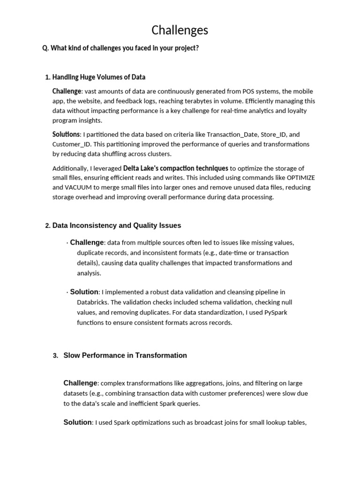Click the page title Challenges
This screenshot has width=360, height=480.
pos(180,30)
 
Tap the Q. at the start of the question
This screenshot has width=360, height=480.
pos(45,48)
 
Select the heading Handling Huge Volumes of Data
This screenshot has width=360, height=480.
pos(98,77)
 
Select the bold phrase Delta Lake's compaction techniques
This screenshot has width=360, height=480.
pos(175,168)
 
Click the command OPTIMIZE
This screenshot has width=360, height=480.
pos(300,178)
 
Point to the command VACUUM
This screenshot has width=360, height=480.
pos(77,187)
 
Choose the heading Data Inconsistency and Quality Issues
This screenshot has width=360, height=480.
pos(116,225)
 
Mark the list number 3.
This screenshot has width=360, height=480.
pos(55,356)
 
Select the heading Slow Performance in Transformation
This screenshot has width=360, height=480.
pos(125,355)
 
